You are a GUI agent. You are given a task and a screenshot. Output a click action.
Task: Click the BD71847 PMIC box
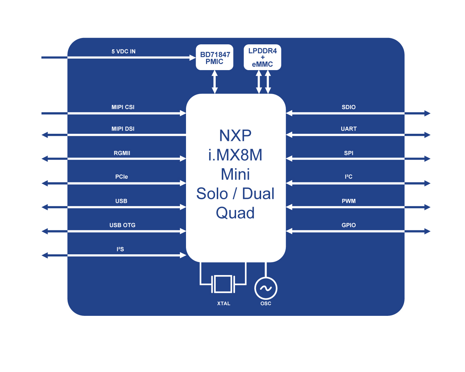(214, 58)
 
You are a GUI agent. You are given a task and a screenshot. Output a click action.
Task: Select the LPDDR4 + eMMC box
(262, 57)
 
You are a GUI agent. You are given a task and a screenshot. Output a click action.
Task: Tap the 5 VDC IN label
(123, 52)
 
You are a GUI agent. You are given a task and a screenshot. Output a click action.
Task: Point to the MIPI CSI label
(123, 107)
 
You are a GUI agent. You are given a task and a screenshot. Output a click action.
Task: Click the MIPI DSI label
(123, 129)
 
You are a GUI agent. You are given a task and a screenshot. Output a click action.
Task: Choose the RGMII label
(122, 153)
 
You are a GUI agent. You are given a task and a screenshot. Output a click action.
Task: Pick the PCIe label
(122, 177)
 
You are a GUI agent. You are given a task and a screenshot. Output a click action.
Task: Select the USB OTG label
(122, 225)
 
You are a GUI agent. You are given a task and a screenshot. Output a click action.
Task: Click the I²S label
(120, 249)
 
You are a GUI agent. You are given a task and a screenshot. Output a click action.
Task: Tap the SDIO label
(348, 107)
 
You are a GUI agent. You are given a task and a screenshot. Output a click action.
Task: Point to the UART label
(348, 129)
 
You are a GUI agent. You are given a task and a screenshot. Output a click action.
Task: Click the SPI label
(348, 153)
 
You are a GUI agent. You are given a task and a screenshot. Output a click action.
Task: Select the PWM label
(348, 201)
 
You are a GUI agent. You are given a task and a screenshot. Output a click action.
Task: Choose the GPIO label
(348, 225)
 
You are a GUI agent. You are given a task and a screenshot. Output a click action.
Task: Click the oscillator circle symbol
(266, 288)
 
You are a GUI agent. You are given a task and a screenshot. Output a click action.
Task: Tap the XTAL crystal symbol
(223, 284)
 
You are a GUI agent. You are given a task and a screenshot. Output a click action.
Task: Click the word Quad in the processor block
(235, 213)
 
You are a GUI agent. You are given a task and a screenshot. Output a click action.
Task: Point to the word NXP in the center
(235, 136)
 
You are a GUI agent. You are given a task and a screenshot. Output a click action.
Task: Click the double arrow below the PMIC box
(215, 82)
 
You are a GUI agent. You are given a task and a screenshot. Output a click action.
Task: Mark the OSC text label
(266, 303)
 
